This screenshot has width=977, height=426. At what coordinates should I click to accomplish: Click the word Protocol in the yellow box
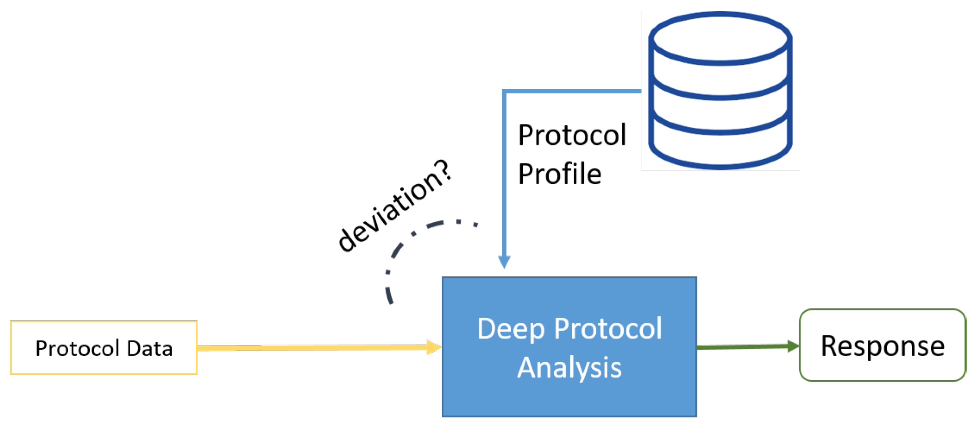pyautogui.click(x=77, y=348)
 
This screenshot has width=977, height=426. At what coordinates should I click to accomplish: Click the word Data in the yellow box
pyautogui.click(x=150, y=348)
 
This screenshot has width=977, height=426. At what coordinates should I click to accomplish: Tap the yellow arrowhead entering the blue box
pyautogui.click(x=434, y=347)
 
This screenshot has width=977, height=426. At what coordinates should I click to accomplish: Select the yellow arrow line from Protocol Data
pyautogui.click(x=311, y=348)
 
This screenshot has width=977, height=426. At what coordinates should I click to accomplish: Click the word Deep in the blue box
pyautogui.click(x=511, y=329)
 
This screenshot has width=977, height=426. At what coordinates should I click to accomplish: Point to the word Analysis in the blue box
pyautogui.click(x=569, y=368)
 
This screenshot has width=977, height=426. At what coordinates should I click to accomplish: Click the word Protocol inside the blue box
pyautogui.click(x=608, y=329)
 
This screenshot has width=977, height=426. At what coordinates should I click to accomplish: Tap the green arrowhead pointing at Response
pyautogui.click(x=793, y=346)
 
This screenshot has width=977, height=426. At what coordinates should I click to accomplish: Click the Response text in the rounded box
pyautogui.click(x=883, y=346)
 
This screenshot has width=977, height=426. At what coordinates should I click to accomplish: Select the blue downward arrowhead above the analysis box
pyautogui.click(x=504, y=262)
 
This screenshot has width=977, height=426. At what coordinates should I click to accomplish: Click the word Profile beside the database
pyautogui.click(x=559, y=174)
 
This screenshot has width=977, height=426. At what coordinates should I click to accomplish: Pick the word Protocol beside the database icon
pyautogui.click(x=572, y=135)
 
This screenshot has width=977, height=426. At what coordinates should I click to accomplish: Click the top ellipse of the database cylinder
pyautogui.click(x=720, y=38)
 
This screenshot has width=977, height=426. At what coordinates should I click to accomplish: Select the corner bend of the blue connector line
pyautogui.click(x=504, y=92)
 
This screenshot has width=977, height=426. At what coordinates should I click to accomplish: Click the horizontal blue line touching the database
pyautogui.click(x=574, y=91)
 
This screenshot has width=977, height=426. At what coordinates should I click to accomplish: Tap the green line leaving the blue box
pyautogui.click(x=742, y=347)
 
